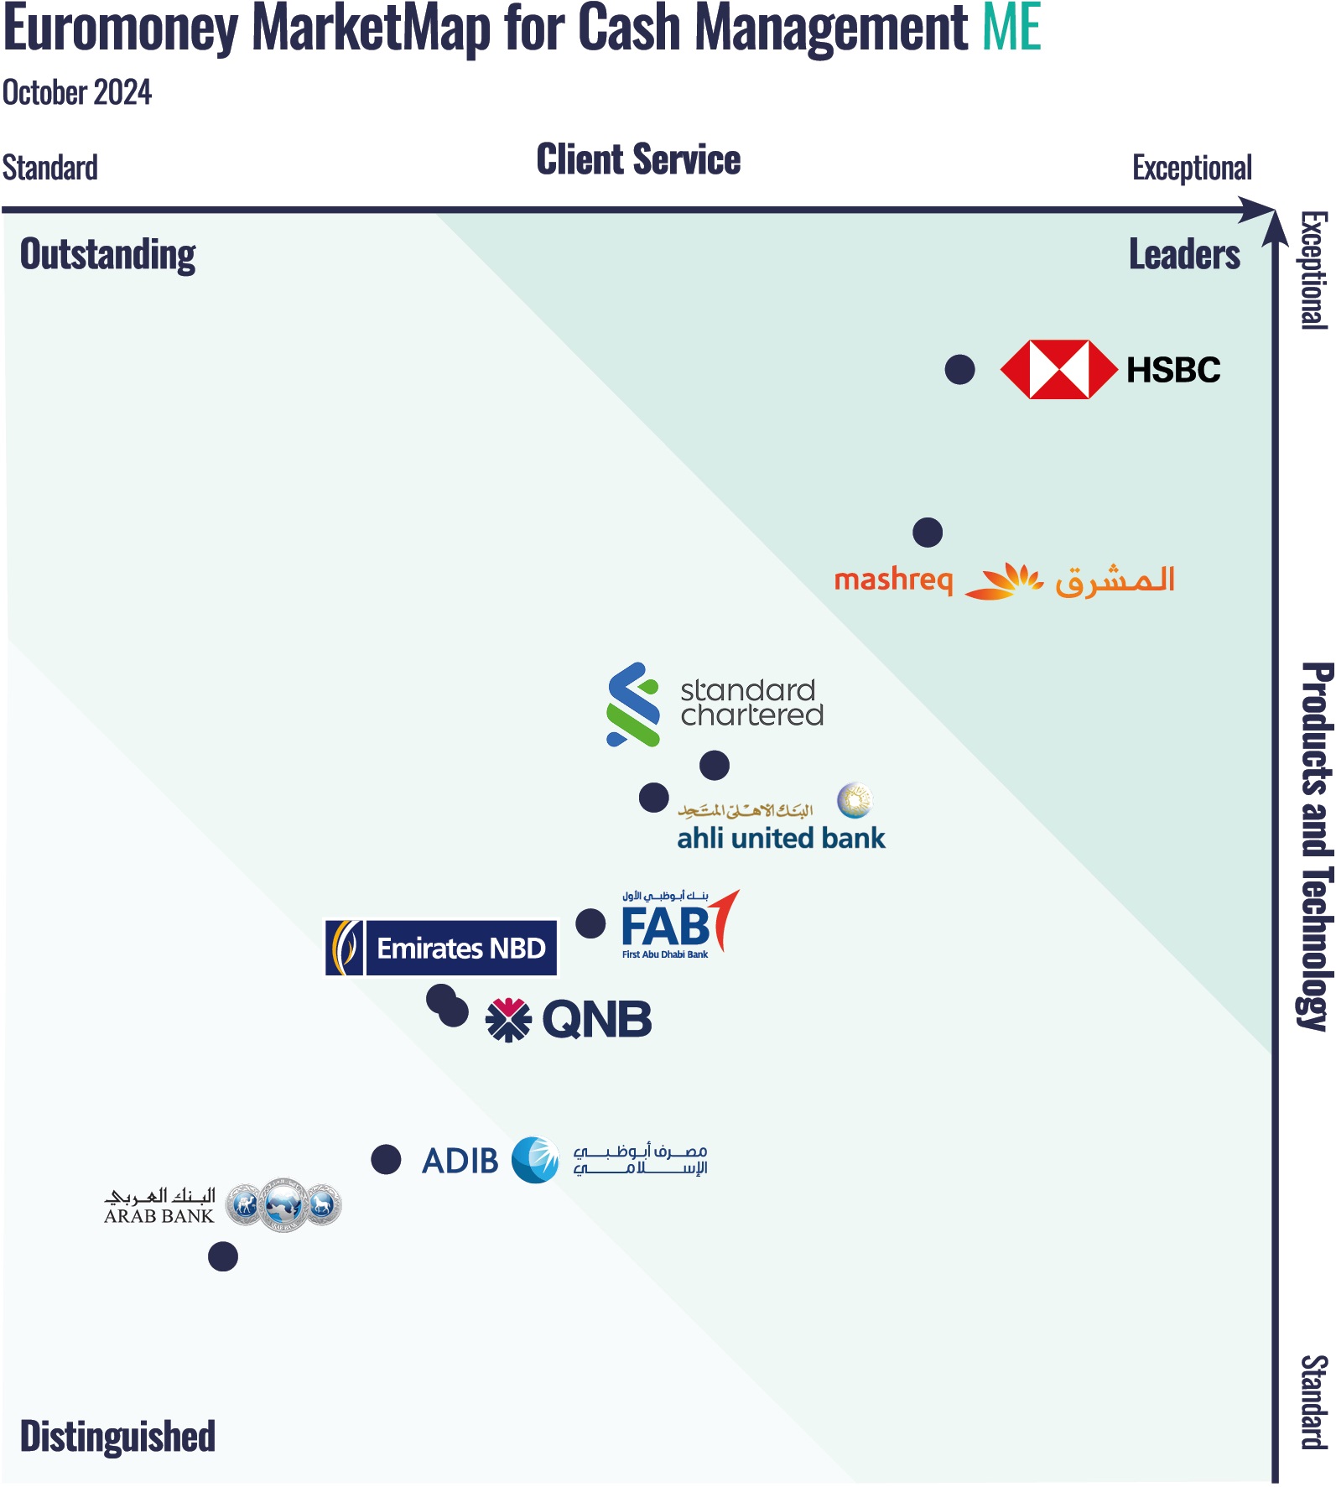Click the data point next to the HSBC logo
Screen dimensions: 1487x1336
click(959, 369)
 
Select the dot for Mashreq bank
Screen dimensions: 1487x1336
click(927, 532)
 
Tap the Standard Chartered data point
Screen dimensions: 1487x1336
click(714, 765)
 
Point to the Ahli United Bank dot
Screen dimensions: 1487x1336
click(653, 797)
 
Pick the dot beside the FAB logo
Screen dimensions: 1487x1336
click(590, 923)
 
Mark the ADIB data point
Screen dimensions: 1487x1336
click(386, 1160)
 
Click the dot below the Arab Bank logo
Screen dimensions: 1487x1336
click(222, 1256)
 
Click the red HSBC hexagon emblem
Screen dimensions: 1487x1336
click(1058, 369)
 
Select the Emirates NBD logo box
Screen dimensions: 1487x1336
click(441, 948)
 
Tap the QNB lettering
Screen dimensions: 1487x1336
click(596, 1020)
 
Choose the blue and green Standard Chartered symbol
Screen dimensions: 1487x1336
click(633, 705)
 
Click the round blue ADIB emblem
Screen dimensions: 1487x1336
click(535, 1160)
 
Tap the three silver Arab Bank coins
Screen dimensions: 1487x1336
click(283, 1205)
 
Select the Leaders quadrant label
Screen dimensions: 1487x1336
click(1183, 254)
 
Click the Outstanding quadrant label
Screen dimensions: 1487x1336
click(107, 254)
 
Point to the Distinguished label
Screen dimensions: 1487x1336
click(117, 1436)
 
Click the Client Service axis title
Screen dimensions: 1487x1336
click(638, 159)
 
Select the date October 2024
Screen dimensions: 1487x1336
click(77, 92)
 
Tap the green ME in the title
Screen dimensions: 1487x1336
click(1011, 29)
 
